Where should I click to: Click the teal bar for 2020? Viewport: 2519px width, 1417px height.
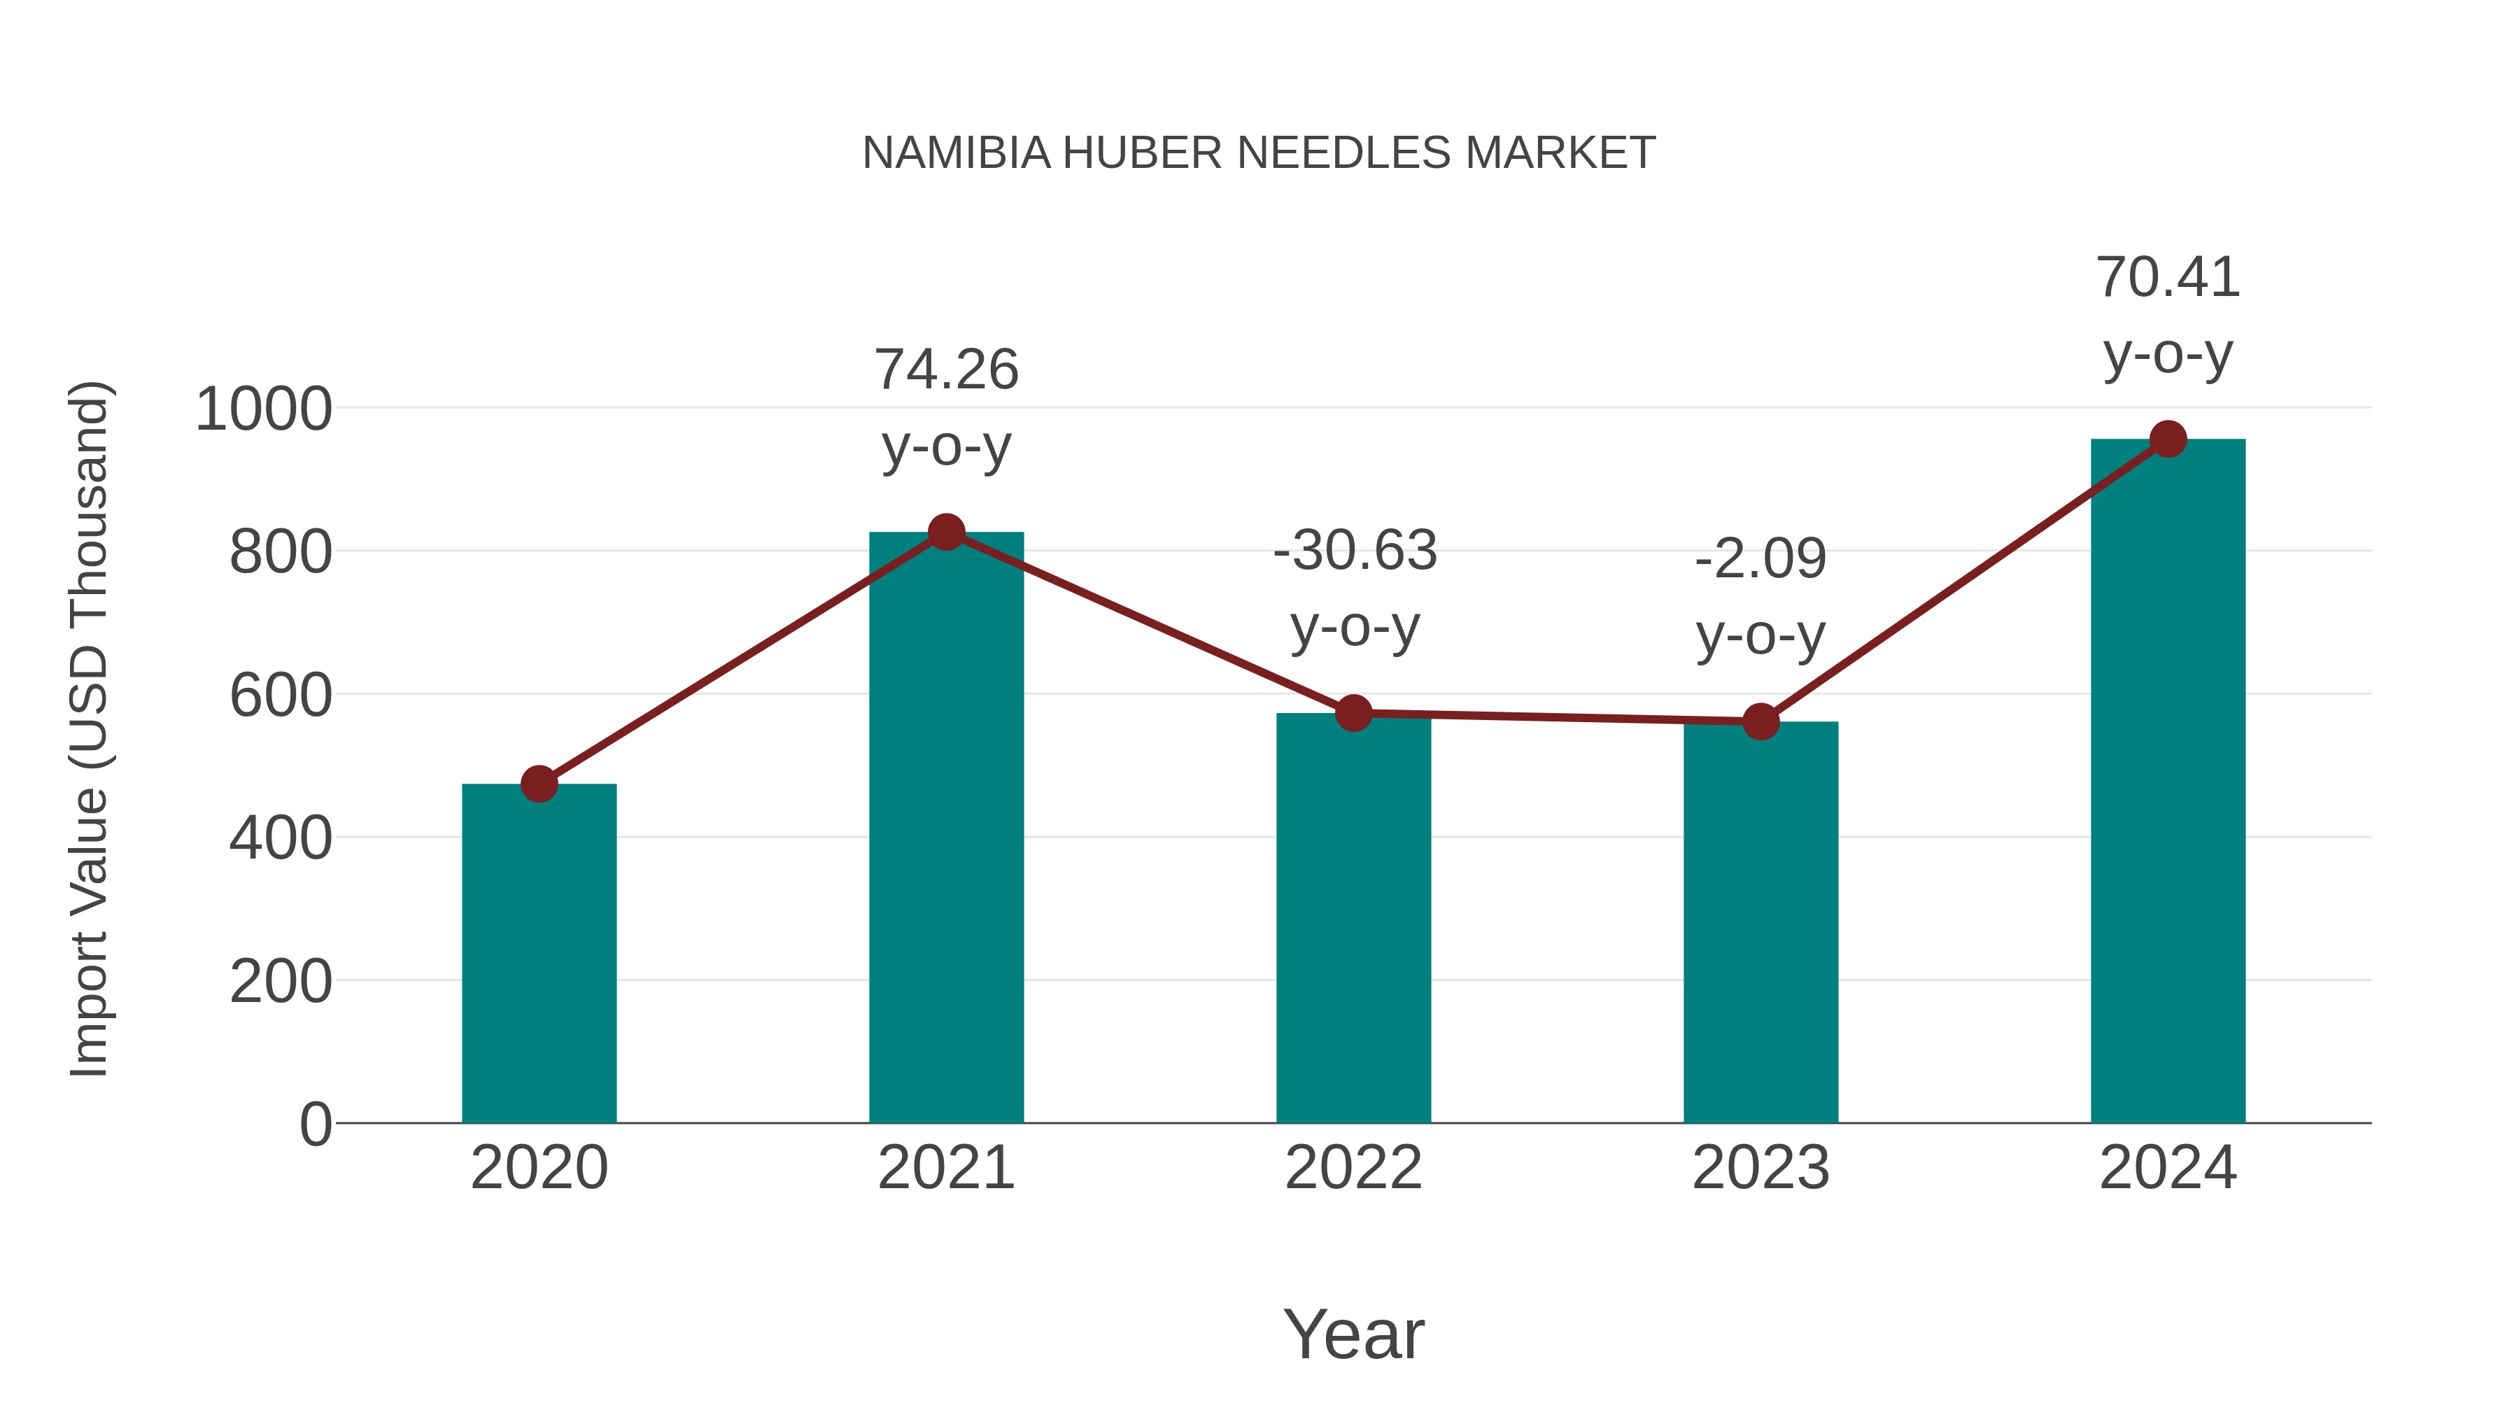tap(539, 954)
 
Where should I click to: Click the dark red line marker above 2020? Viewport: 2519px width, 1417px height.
tap(539, 783)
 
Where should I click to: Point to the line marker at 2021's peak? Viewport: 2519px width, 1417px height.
tap(945, 532)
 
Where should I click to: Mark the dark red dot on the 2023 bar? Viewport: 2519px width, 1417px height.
tap(1761, 721)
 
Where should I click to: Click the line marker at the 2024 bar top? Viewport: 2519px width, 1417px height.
tap(2168, 439)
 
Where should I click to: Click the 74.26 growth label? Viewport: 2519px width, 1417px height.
tap(945, 371)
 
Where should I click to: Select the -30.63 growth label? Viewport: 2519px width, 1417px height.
tap(1355, 551)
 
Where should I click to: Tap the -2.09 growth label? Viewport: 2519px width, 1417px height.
tap(1761, 559)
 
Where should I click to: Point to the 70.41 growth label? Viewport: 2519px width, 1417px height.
tap(2168, 278)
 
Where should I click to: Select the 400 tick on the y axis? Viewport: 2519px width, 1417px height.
tap(280, 838)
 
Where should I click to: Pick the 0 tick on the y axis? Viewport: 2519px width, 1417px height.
tap(315, 1125)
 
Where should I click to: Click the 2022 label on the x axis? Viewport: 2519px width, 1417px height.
tap(1353, 1168)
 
